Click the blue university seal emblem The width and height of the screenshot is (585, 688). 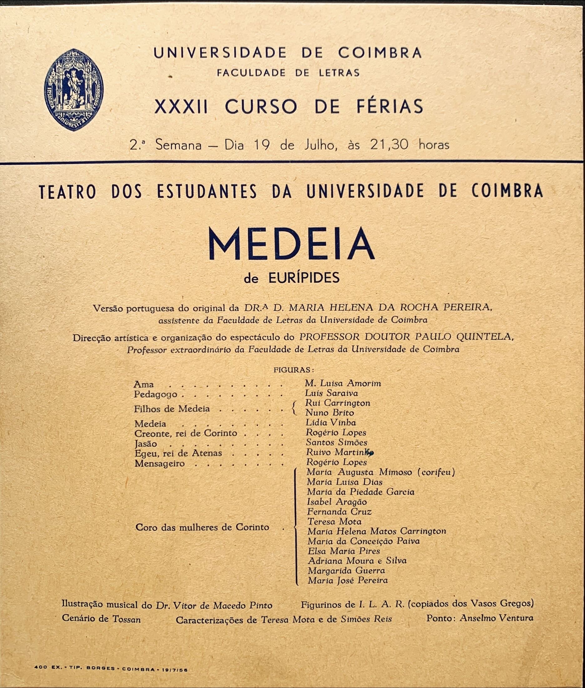click(74, 89)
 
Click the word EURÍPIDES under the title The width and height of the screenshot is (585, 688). click(304, 278)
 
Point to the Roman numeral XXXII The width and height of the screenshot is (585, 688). click(181, 106)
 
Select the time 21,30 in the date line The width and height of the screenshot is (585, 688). click(389, 145)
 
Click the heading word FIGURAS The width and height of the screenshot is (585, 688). click(292, 370)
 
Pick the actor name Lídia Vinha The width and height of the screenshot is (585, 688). click(331, 423)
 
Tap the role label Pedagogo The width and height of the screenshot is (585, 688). click(155, 395)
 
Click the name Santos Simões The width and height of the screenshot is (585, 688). click(336, 443)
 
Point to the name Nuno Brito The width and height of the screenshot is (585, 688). click(329, 413)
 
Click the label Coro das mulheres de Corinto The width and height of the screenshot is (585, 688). click(202, 527)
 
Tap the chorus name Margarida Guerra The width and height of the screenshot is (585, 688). click(346, 571)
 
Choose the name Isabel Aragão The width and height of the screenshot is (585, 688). click(337, 502)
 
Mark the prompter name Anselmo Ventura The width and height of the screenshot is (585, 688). click(496, 618)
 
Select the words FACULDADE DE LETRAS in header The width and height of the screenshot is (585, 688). click(288, 73)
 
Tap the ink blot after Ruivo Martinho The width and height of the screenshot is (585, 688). click(371, 453)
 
